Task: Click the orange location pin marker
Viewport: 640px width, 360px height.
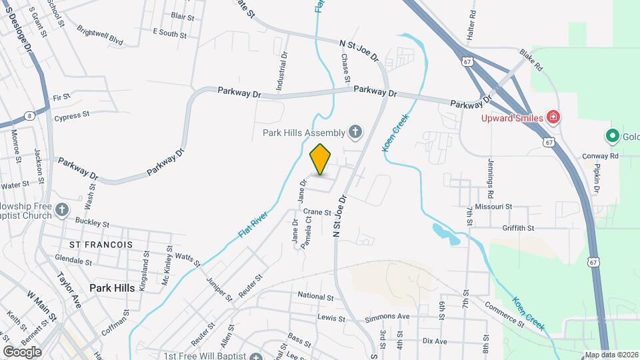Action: tap(321, 159)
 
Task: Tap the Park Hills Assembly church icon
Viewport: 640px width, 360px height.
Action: tap(355, 132)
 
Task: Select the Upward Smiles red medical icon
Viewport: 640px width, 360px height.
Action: tap(553, 118)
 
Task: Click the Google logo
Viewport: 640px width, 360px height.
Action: tap(22, 351)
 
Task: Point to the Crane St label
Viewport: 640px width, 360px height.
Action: tap(317, 213)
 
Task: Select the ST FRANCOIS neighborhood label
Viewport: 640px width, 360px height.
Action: tap(101, 245)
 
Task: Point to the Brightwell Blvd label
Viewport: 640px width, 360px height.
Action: tap(100, 36)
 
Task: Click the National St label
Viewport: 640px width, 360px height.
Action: tap(315, 295)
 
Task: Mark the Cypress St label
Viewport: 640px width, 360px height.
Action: tap(72, 115)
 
